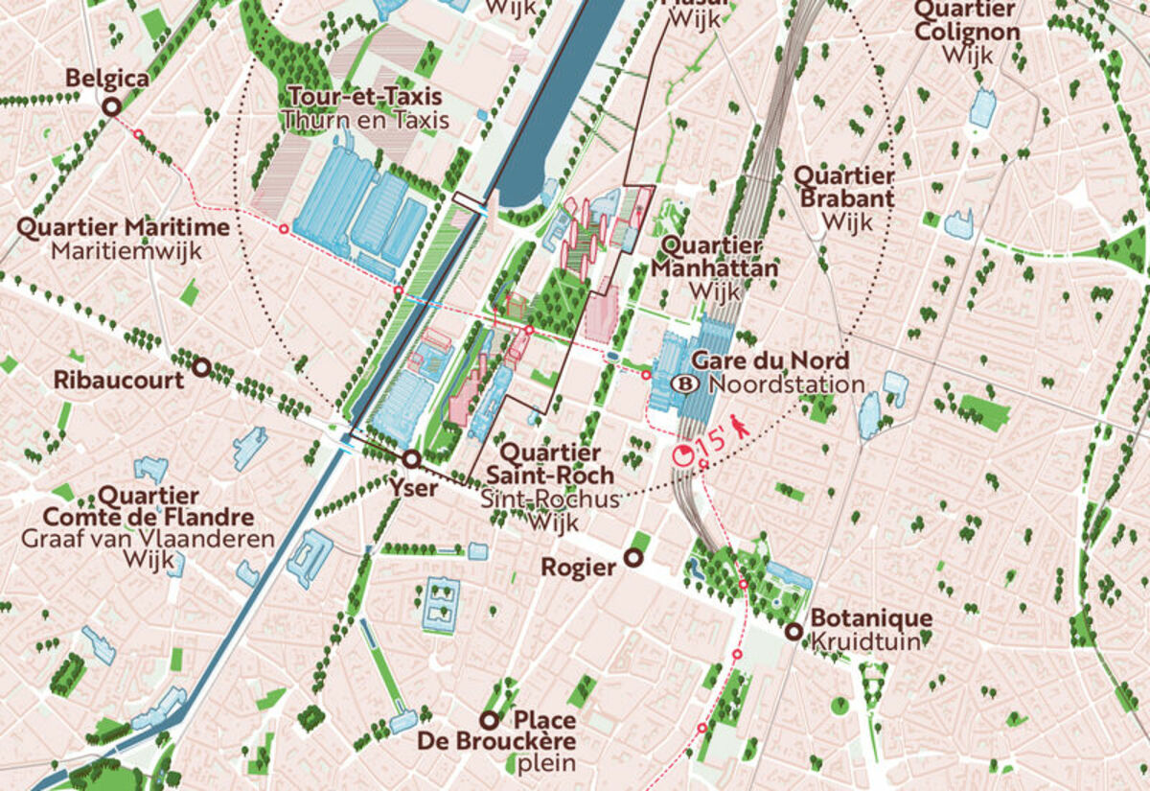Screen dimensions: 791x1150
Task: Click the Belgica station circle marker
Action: pos(110,107)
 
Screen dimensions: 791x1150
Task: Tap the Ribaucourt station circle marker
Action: pos(201,367)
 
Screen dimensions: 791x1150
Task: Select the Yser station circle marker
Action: pos(411,459)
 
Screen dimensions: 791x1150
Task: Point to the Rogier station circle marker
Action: pos(632,558)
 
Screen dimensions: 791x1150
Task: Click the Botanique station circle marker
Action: pos(793,631)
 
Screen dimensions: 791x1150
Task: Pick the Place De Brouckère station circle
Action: pos(490,720)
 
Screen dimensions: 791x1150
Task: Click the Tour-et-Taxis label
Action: pos(364,97)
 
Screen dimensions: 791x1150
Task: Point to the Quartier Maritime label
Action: pos(124,228)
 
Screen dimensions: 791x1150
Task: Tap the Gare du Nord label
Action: pos(770,361)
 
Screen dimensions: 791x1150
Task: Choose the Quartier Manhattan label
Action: pos(715,258)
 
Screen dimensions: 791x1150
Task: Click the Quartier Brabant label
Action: pos(845,188)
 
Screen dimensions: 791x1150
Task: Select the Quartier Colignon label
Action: pos(966,20)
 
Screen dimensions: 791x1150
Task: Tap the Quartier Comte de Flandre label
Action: pos(149,507)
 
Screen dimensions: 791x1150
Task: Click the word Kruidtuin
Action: pos(865,641)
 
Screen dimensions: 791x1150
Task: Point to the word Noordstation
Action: pos(787,384)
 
